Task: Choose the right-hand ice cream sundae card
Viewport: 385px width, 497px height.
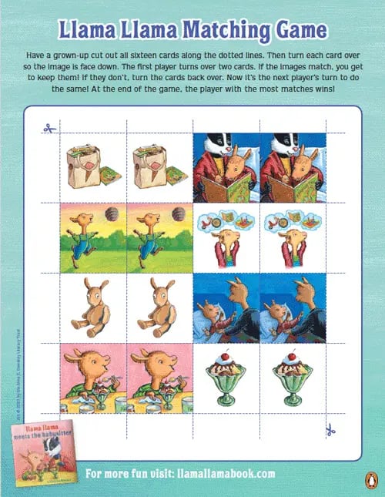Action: point(293,378)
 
